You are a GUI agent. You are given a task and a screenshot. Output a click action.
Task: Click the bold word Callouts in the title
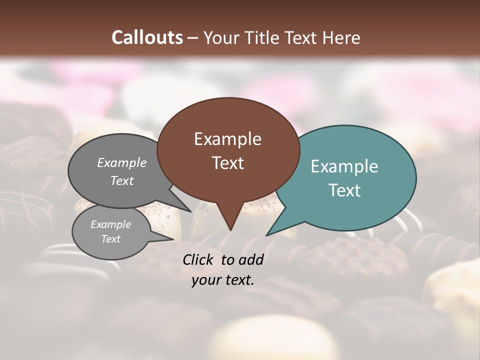tap(147, 37)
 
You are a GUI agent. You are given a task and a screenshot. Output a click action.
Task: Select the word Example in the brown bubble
tap(227, 139)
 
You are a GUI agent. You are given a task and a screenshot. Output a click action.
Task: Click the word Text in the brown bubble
tap(227, 163)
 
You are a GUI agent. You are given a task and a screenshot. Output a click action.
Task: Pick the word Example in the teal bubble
tap(344, 166)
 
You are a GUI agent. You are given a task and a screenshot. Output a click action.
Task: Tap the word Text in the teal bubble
tap(344, 190)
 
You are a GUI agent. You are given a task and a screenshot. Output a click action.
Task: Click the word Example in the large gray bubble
tap(122, 162)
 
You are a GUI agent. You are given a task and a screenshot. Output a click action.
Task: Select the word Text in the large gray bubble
tap(122, 180)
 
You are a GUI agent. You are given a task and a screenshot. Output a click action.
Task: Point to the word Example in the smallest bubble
tap(110, 224)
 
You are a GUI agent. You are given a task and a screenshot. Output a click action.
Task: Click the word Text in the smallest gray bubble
tap(110, 239)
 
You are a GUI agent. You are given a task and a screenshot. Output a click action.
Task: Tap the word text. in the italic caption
tap(238, 280)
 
